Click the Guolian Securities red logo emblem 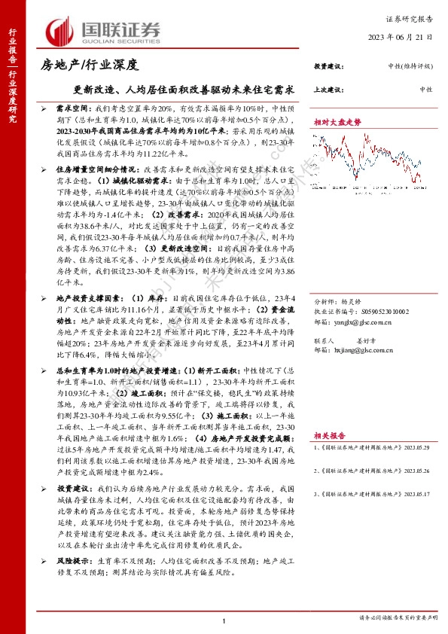59,29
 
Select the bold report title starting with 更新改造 177,89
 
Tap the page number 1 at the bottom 224,620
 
